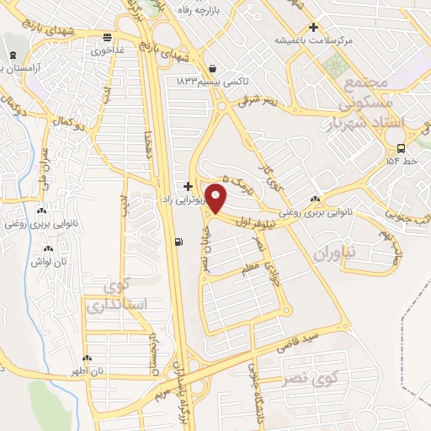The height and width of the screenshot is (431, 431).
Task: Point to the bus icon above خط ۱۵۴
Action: (x=393, y=146)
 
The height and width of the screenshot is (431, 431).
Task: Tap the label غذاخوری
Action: (x=108, y=50)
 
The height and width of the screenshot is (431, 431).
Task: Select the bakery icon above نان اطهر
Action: (x=87, y=358)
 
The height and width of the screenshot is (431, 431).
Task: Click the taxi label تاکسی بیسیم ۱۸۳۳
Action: (x=212, y=81)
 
